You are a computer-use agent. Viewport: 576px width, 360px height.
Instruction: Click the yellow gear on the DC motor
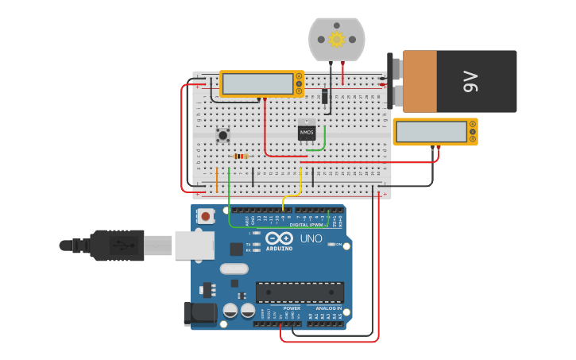click(336, 39)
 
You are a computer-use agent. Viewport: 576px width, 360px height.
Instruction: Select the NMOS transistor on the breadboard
click(307, 132)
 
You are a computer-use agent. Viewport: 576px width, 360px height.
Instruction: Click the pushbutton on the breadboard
click(223, 135)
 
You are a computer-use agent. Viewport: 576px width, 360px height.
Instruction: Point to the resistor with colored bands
click(241, 157)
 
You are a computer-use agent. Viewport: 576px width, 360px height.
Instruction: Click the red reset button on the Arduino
click(206, 216)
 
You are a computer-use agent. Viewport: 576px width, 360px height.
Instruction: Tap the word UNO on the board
click(311, 238)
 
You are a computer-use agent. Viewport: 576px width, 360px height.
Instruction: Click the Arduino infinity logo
click(280, 238)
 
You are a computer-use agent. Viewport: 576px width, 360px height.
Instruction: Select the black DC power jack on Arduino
click(200, 313)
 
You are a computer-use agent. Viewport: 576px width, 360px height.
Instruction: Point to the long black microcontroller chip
click(300, 292)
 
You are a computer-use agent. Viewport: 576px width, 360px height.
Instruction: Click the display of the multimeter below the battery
click(431, 131)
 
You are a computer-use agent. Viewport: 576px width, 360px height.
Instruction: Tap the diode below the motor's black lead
click(326, 96)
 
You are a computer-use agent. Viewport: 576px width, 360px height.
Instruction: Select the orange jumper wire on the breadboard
click(217, 180)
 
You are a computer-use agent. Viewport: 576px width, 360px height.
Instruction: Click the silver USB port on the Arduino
click(193, 246)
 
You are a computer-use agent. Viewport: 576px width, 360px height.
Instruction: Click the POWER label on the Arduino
click(280, 308)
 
